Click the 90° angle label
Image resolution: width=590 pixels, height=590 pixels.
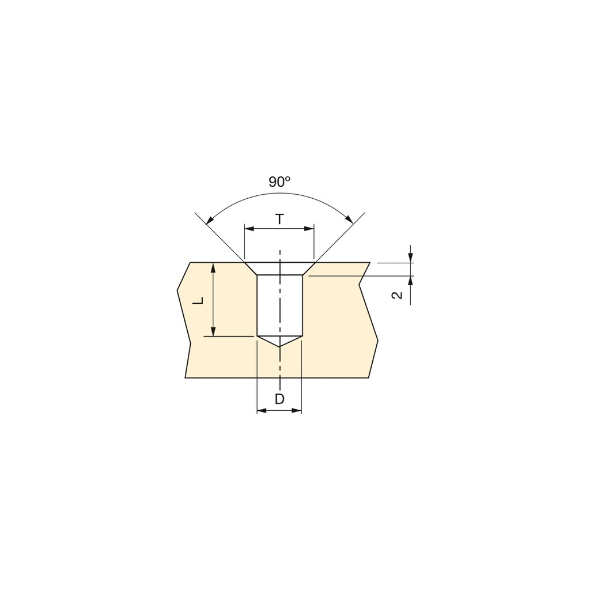(279, 182)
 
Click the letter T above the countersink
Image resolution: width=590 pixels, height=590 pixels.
(279, 219)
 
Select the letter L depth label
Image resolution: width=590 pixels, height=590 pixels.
(198, 301)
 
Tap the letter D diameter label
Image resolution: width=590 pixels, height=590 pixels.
(279, 399)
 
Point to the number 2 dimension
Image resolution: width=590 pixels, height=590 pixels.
(398, 296)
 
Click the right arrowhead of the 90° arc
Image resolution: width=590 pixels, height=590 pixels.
(350, 220)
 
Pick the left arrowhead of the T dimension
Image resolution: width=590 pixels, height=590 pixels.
(249, 228)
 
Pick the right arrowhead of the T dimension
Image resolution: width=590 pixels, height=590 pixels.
(309, 228)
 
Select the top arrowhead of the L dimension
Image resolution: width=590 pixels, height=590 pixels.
(213, 267)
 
